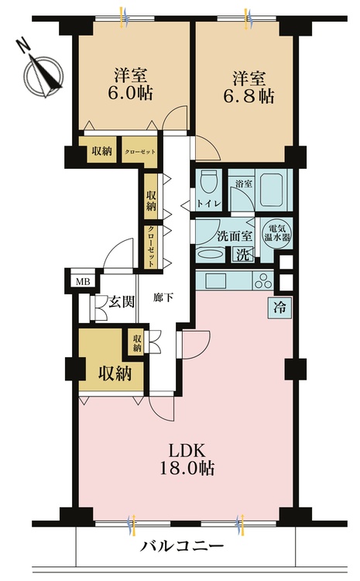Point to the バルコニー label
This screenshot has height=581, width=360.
[182, 547]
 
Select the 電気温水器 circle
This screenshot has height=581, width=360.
[275, 231]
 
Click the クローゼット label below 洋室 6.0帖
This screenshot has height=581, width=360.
[141, 152]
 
